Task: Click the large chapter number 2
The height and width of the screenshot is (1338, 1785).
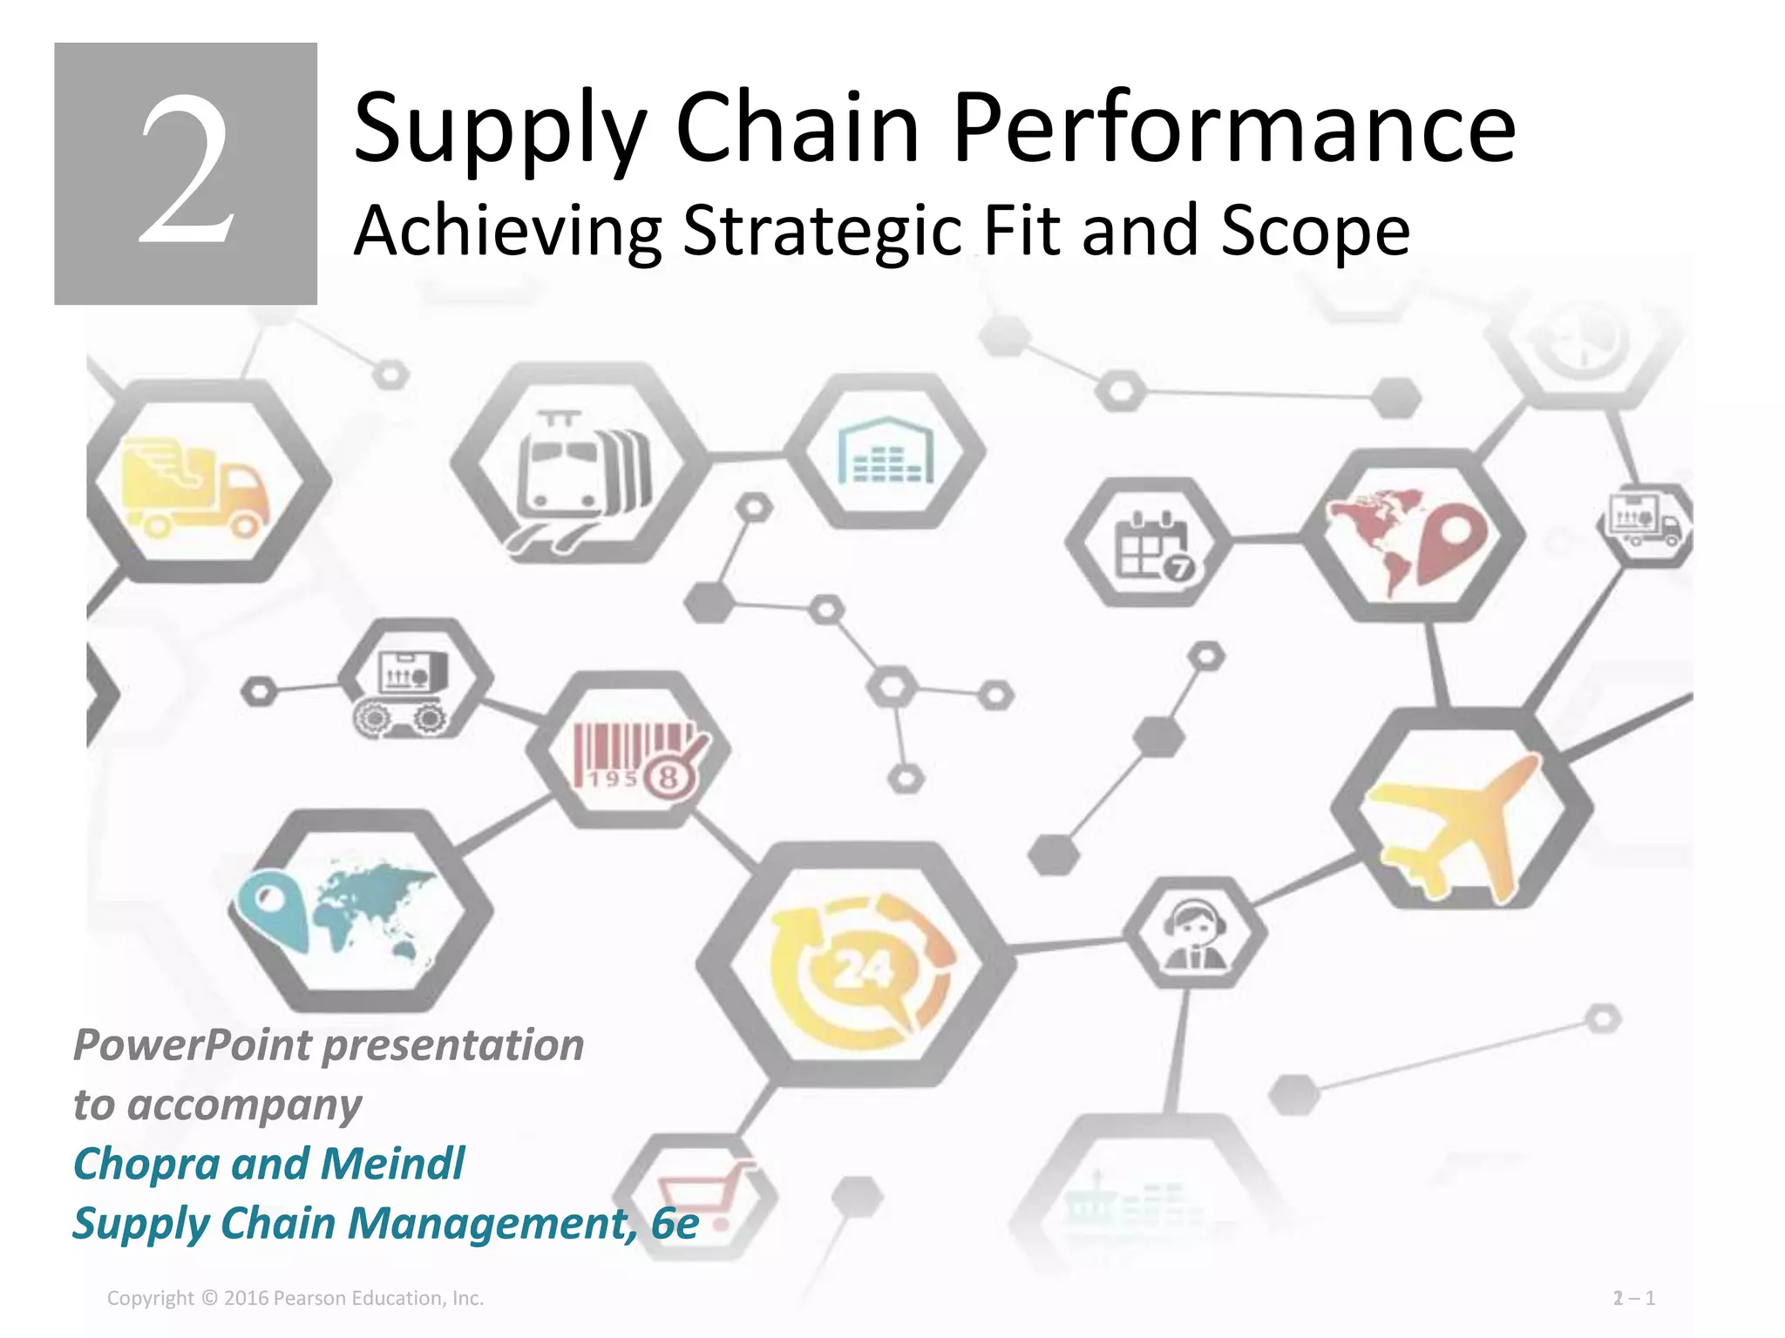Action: pyautogui.click(x=186, y=172)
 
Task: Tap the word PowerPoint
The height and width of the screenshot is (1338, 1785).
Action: pyautogui.click(x=193, y=1044)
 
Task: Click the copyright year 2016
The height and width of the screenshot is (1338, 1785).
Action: pyautogui.click(x=247, y=1298)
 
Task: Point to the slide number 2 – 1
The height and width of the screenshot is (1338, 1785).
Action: pyautogui.click(x=1633, y=1298)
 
